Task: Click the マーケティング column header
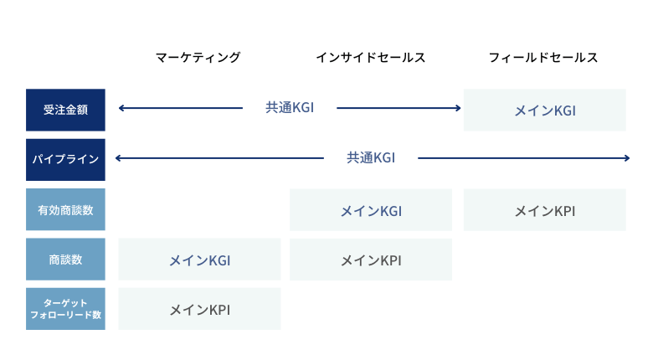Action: point(198,58)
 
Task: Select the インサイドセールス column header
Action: point(371,58)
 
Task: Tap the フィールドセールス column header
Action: point(543,58)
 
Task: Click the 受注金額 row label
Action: point(65,110)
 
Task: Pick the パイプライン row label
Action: point(65,160)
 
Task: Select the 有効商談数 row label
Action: point(65,209)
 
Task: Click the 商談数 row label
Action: point(65,260)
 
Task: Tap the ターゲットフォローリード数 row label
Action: point(65,309)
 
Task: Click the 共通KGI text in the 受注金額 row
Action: point(290,108)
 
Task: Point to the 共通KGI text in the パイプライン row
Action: point(371,158)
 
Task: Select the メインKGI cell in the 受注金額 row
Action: point(545,110)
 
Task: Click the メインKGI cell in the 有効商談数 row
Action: point(371,209)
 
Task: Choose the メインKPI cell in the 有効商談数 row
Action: point(545,209)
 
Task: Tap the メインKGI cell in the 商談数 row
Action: point(199,260)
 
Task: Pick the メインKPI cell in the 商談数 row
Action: point(371,260)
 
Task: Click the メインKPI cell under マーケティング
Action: point(199,309)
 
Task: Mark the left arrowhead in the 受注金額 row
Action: point(121,108)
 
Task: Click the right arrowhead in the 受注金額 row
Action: point(458,108)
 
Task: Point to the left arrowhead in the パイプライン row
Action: point(118,158)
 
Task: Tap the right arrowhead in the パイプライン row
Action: point(627,158)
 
